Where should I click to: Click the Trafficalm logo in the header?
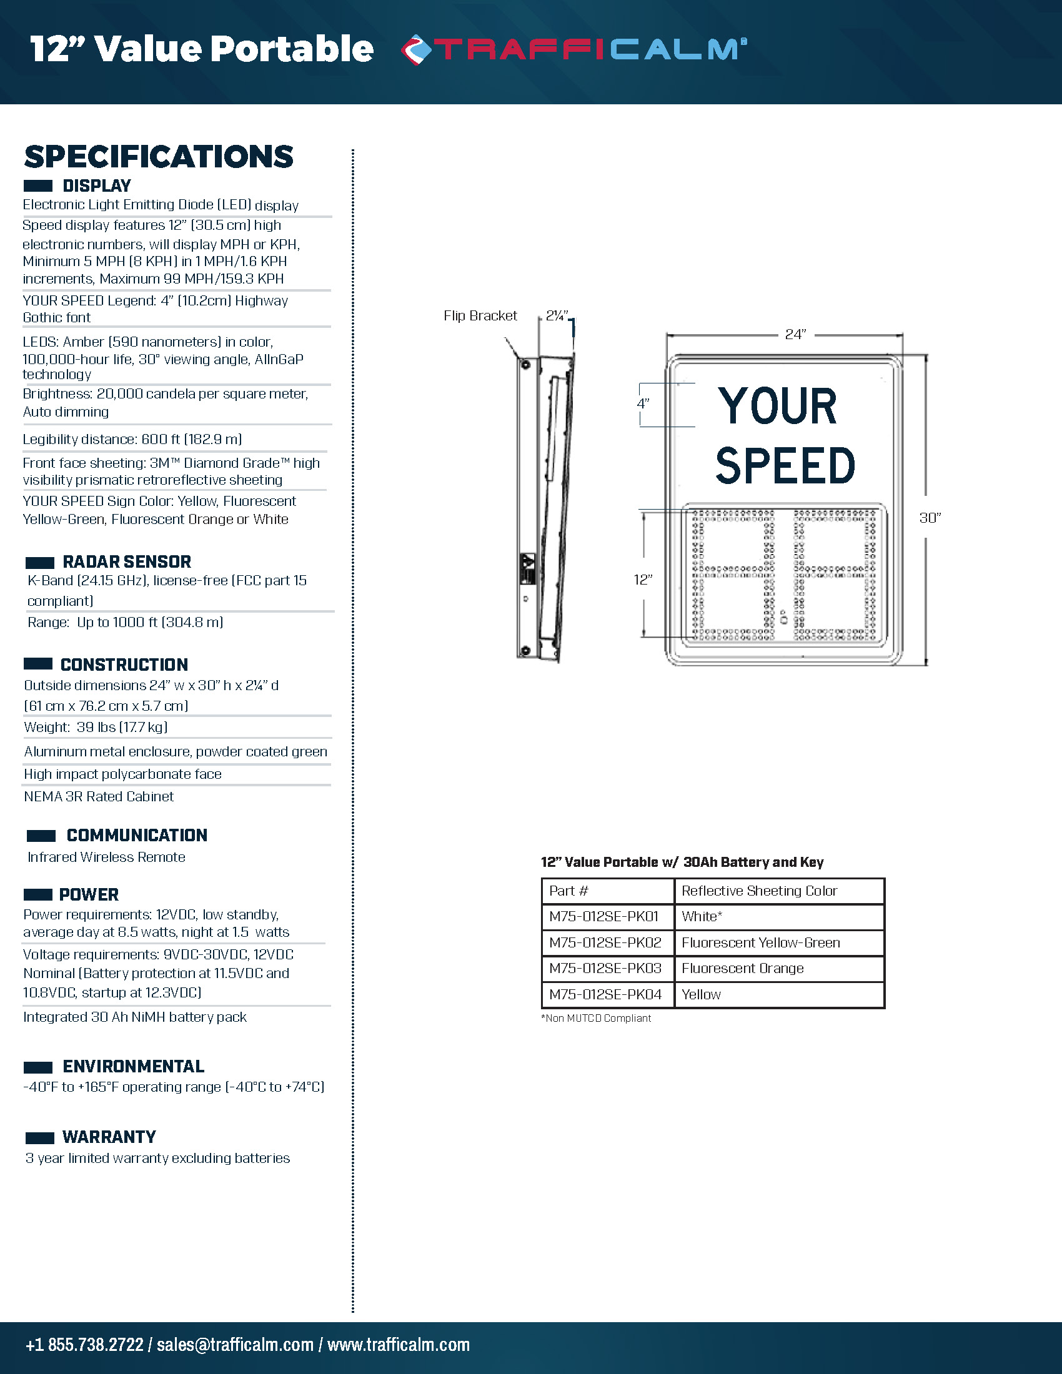pyautogui.click(x=573, y=50)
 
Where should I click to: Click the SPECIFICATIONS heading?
pyautogui.click(x=159, y=157)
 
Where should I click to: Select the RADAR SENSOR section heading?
pyautogui.click(x=126, y=561)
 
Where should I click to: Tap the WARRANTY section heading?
pyautogui.click(x=109, y=1136)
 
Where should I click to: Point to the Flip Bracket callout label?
pyautogui.click(x=480, y=316)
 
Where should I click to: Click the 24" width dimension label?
pyautogui.click(x=795, y=334)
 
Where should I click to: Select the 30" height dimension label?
pyautogui.click(x=930, y=517)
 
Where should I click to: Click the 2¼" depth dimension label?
pyautogui.click(x=557, y=316)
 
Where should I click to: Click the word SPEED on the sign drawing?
pyautogui.click(x=785, y=466)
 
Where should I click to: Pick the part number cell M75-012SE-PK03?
pyautogui.click(x=605, y=968)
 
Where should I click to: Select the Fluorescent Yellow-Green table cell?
pyautogui.click(x=761, y=942)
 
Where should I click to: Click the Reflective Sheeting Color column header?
pyautogui.click(x=760, y=891)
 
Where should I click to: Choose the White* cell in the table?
pyautogui.click(x=702, y=917)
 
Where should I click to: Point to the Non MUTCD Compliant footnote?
pyautogui.click(x=596, y=1018)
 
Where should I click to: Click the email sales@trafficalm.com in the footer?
pyautogui.click(x=235, y=1345)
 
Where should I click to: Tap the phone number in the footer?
pyautogui.click(x=84, y=1345)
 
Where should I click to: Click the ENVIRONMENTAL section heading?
pyautogui.click(x=134, y=1065)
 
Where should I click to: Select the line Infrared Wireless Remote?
pyautogui.click(x=106, y=857)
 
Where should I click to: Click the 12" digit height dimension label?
pyautogui.click(x=642, y=580)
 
